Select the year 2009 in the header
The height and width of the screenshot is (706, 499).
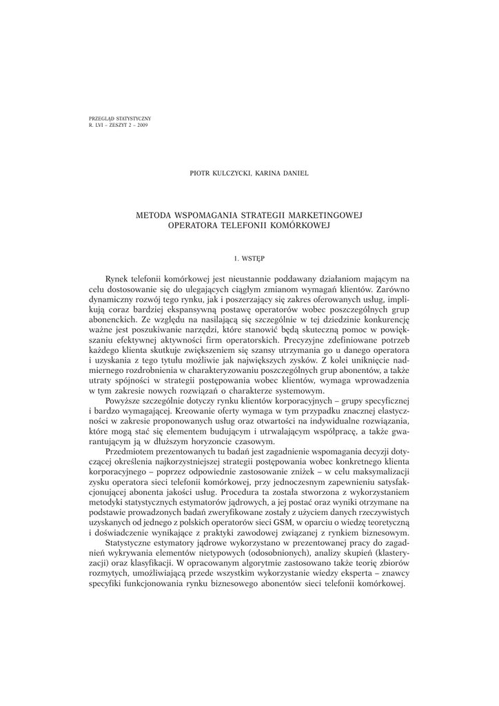pos(141,125)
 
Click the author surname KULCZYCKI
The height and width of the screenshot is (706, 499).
pos(236,173)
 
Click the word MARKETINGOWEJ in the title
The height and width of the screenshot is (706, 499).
pos(323,215)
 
